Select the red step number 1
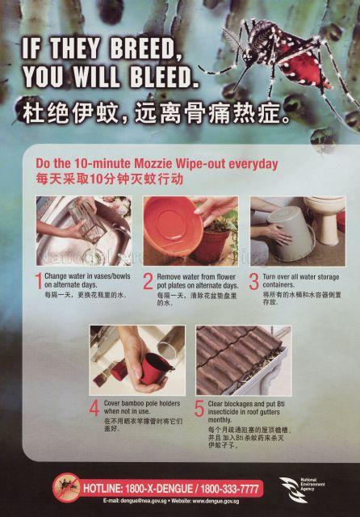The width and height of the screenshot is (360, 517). pos(38,282)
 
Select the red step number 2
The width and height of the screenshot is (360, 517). pos(148,282)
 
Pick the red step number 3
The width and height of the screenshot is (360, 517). pos(253,282)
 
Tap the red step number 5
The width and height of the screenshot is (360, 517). pos(199,409)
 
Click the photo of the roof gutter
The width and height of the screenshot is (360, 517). pos(242,359)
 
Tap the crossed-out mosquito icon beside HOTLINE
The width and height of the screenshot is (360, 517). pos(66,488)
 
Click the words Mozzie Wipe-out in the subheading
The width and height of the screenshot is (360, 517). pos(165,163)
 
